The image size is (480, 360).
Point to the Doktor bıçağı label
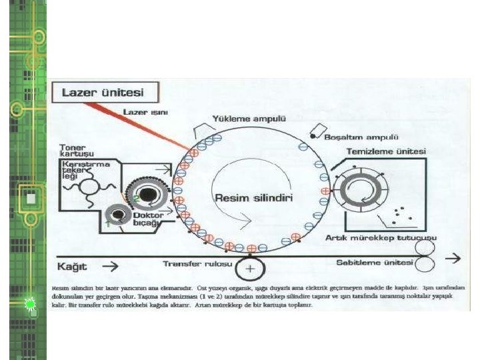coord(147,219)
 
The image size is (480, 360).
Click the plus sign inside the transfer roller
coord(249,269)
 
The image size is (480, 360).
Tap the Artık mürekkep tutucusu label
coord(381,237)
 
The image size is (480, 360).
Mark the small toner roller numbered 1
coord(119,215)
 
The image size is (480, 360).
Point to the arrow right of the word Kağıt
coord(111,265)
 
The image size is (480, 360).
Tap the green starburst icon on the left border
coord(30,305)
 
